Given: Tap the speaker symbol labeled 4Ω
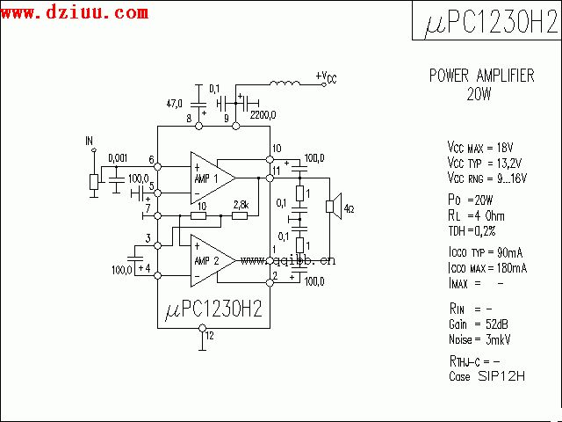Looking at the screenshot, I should pos(333,207).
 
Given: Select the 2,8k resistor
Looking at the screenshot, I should pos(240,215).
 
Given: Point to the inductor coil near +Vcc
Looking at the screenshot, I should pos(283,84).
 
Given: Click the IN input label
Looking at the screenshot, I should pos(89,141).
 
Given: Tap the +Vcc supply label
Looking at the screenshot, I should pos(325,77).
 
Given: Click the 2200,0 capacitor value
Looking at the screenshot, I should pos(263,114).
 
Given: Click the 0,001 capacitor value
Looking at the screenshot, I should pos(118,158).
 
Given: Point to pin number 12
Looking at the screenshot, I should pos(209,335).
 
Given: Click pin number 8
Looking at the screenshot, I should pos(189,118).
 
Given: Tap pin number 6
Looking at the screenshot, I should pos(152,161).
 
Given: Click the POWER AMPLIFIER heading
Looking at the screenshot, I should pos(481,76).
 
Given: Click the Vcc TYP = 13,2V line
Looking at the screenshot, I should pos(484,163).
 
